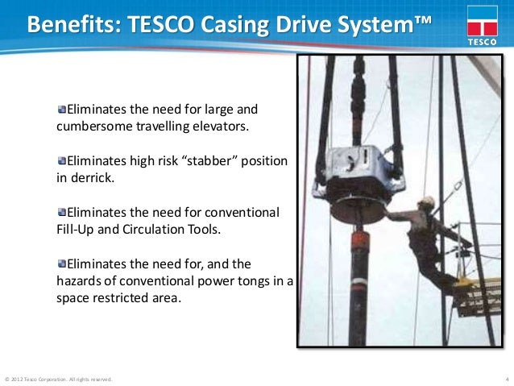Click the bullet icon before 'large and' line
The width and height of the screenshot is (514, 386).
(63, 110)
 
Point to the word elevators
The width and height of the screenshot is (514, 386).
(222, 127)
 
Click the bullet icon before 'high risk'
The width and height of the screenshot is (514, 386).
(63, 161)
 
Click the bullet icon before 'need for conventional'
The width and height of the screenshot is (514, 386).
(63, 212)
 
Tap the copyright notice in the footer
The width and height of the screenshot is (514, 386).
(59, 378)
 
